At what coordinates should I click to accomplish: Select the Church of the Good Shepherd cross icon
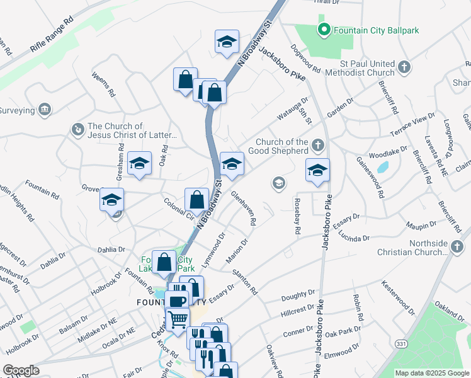tap(318, 146)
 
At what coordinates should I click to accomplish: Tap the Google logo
tap(21, 370)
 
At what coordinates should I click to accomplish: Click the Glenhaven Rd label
tap(243, 209)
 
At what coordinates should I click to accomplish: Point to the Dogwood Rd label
tap(307, 57)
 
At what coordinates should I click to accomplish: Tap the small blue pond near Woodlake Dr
tap(382, 168)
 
